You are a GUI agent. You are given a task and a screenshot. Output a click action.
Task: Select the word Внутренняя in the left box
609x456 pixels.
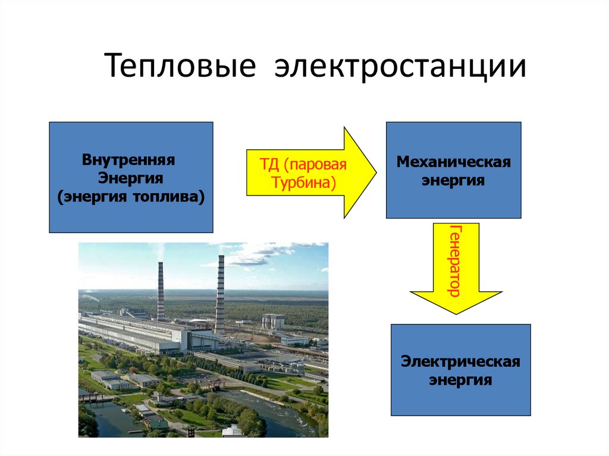(x=131, y=161)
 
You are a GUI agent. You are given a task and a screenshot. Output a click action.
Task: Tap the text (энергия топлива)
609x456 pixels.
(x=131, y=196)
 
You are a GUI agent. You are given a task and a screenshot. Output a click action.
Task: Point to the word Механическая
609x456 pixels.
(x=454, y=162)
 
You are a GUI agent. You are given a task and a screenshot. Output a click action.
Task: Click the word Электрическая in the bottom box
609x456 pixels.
(x=460, y=361)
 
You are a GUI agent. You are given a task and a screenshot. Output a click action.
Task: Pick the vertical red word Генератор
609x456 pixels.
(x=456, y=261)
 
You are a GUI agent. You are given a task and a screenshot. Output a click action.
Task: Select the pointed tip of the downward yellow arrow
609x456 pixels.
(x=456, y=313)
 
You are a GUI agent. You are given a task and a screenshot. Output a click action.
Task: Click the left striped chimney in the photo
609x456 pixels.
(x=161, y=291)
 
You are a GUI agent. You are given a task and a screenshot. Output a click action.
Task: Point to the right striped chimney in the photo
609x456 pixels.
(x=220, y=294)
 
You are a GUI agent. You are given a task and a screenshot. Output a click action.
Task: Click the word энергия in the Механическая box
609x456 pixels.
(x=454, y=180)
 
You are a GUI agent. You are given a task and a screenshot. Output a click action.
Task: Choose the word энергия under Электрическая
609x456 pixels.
(x=460, y=379)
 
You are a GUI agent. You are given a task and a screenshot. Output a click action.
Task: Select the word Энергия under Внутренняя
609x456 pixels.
(x=131, y=178)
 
